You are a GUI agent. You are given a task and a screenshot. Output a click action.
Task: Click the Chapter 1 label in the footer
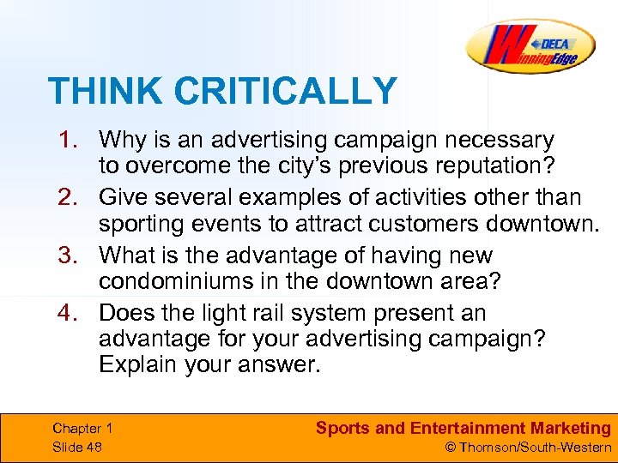(x=82, y=428)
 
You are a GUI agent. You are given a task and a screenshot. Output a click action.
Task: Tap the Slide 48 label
(x=77, y=447)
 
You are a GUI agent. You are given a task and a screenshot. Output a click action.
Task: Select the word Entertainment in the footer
(x=464, y=428)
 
